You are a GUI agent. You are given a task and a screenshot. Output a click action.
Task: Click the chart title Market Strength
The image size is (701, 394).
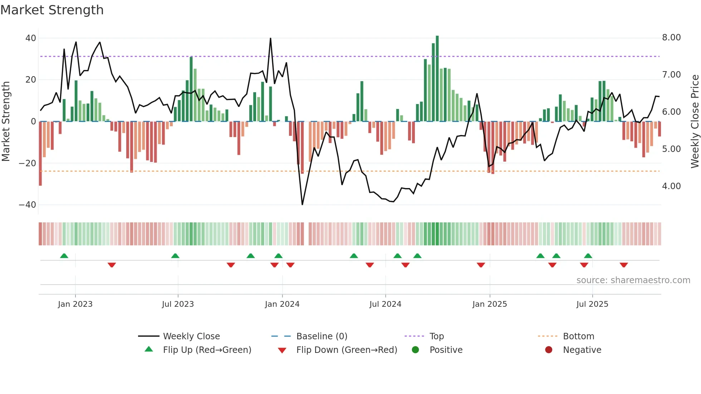pyautogui.click(x=52, y=10)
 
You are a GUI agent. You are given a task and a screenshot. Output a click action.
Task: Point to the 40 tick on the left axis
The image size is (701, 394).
pyautogui.click(x=31, y=38)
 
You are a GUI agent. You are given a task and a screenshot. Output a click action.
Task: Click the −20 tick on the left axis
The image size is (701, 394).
pyautogui.click(x=28, y=163)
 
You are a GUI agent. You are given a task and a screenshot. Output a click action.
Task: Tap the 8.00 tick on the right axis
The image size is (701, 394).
pyautogui.click(x=671, y=38)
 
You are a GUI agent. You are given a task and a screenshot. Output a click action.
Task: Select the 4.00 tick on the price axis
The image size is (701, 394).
pyautogui.click(x=671, y=186)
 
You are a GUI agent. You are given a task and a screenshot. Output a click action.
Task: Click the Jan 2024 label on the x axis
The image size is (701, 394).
pyautogui.click(x=282, y=304)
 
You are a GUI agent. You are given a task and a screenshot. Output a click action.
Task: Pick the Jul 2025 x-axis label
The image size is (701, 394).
pyautogui.click(x=592, y=304)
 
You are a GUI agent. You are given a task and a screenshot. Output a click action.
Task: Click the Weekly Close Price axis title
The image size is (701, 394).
pyautogui.click(x=695, y=122)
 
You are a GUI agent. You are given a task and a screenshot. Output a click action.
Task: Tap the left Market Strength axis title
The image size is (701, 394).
pyautogui.click(x=6, y=122)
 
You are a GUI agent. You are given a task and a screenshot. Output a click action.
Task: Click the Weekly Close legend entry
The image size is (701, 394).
pyautogui.click(x=191, y=336)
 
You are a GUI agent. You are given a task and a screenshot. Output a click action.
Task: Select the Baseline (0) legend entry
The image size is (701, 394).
pyautogui.click(x=322, y=336)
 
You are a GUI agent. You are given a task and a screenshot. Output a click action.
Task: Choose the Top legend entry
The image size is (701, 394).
pyautogui.click(x=436, y=336)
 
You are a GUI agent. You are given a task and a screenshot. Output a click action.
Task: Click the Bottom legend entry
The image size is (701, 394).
pyautogui.click(x=578, y=336)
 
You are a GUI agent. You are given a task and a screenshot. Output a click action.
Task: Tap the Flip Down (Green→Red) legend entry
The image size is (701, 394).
pyautogui.click(x=347, y=350)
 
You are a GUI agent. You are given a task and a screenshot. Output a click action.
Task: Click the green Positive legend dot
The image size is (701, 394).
pyautogui.click(x=415, y=350)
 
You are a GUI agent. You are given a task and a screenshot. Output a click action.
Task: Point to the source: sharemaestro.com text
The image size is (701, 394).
pyautogui.click(x=633, y=280)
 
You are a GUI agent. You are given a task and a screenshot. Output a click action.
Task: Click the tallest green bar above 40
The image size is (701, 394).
pyautogui.click(x=437, y=79)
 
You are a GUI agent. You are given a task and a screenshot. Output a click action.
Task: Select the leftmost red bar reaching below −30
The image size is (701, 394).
pyautogui.click(x=40, y=154)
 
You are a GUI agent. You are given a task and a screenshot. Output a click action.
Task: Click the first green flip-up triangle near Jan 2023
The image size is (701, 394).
pyautogui.click(x=64, y=256)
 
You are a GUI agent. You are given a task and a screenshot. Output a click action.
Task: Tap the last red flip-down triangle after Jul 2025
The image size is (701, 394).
pyautogui.click(x=624, y=265)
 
